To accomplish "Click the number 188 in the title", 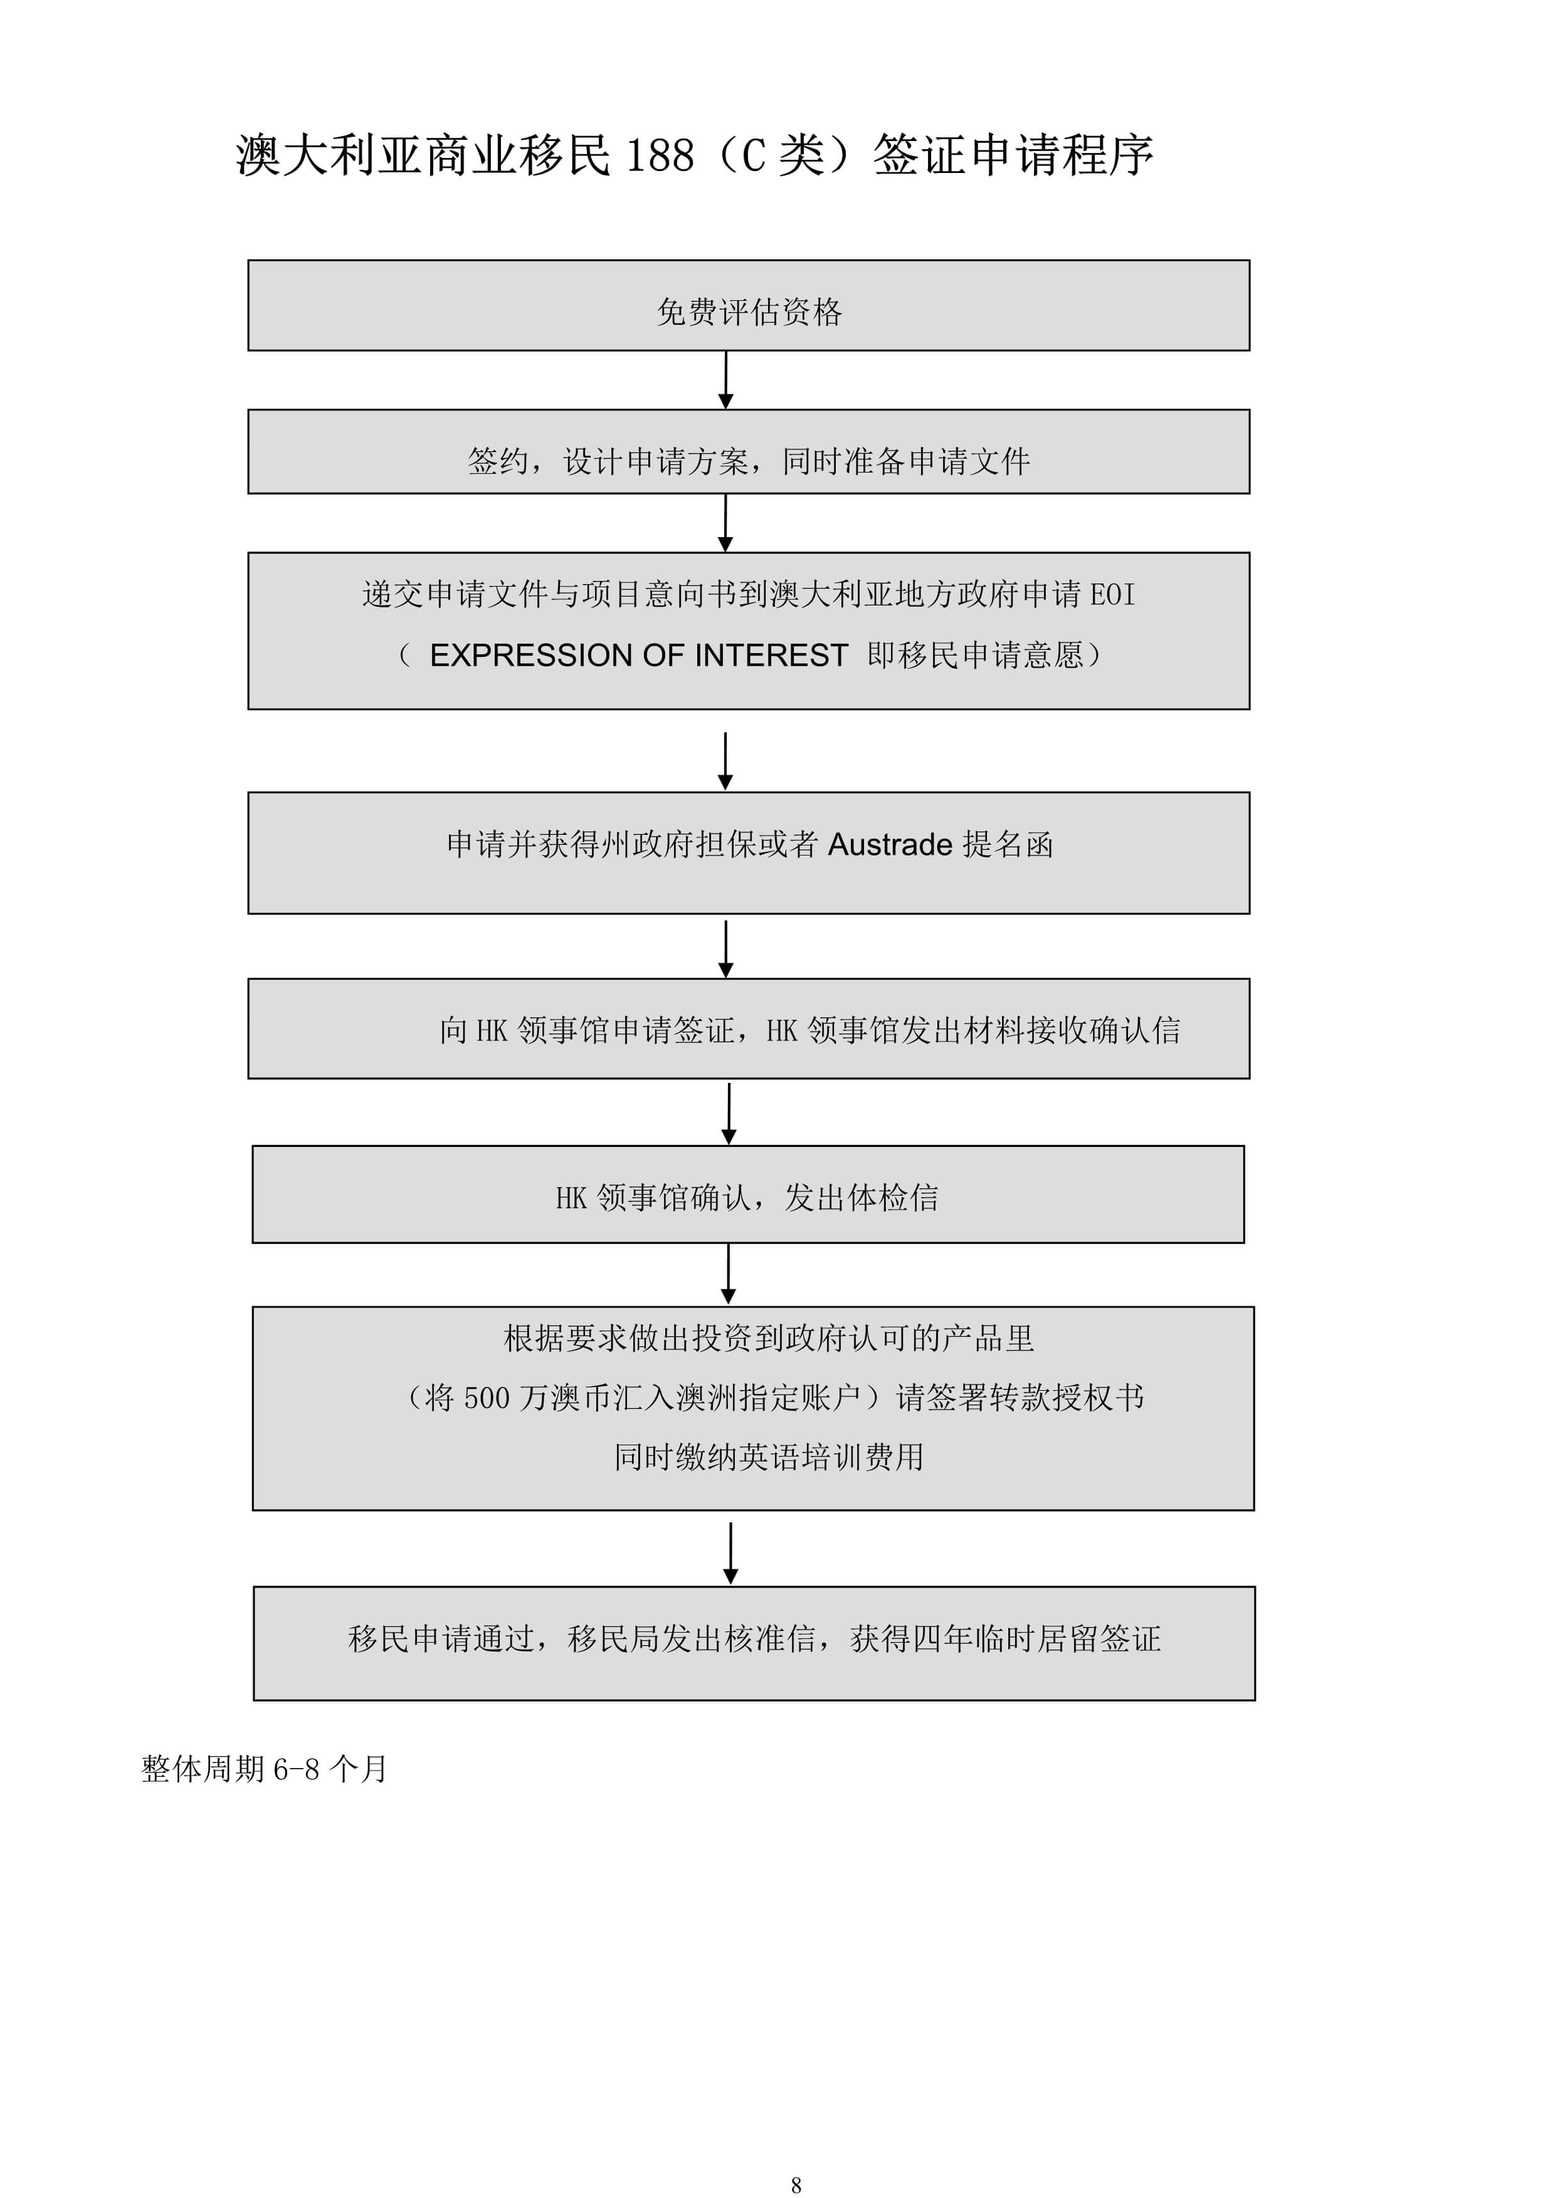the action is (660, 155).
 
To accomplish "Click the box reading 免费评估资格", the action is (749, 305).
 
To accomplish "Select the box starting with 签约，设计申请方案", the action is (749, 452).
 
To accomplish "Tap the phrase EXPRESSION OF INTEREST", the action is (639, 655).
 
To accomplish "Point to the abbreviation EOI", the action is (1112, 595).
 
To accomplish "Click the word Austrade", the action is (890, 844).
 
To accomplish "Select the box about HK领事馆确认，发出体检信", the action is (749, 1194).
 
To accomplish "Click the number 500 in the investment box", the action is (487, 1398).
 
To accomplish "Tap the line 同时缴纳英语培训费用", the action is (769, 1457).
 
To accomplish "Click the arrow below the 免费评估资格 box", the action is (726, 380).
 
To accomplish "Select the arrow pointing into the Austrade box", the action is (726, 761).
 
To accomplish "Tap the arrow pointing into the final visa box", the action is (730, 1553).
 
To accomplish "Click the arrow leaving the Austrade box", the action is (726, 949).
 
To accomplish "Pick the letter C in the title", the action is (754, 155).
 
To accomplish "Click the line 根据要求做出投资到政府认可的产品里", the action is (769, 1338).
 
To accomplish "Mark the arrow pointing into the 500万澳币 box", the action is (728, 1273).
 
